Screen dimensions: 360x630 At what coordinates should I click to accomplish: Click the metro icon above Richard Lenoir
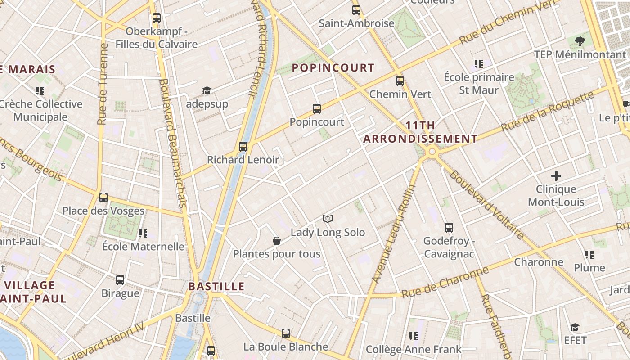click(x=243, y=146)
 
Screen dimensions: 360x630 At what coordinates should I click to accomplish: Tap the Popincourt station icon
click(x=317, y=108)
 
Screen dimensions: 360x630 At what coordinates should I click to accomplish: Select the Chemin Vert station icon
click(x=400, y=81)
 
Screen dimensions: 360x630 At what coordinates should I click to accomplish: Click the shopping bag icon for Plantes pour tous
click(x=277, y=241)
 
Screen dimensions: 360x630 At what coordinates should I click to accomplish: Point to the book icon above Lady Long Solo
click(x=328, y=219)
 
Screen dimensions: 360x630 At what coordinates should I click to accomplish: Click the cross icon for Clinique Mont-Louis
click(x=556, y=175)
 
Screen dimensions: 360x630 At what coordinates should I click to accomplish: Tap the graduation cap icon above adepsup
click(x=207, y=91)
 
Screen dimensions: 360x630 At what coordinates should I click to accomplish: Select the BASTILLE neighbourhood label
click(x=216, y=286)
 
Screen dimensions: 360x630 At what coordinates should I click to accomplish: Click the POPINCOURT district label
click(x=333, y=68)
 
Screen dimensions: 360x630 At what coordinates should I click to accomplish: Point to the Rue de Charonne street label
click(x=445, y=282)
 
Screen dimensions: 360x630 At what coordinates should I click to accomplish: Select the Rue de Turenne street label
click(x=103, y=84)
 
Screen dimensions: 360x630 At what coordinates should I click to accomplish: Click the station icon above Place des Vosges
click(x=103, y=197)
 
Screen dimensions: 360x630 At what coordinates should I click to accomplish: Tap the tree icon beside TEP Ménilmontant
click(x=580, y=41)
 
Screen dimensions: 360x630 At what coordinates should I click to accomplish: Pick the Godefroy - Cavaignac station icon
click(x=449, y=228)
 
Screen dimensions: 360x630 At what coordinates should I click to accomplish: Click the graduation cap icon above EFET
click(x=575, y=327)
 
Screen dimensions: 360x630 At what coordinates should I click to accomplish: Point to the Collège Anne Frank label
click(x=414, y=349)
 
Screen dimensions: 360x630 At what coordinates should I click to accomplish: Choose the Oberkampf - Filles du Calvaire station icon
click(x=156, y=18)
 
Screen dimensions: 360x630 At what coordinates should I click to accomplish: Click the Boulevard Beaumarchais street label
click(x=172, y=143)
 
